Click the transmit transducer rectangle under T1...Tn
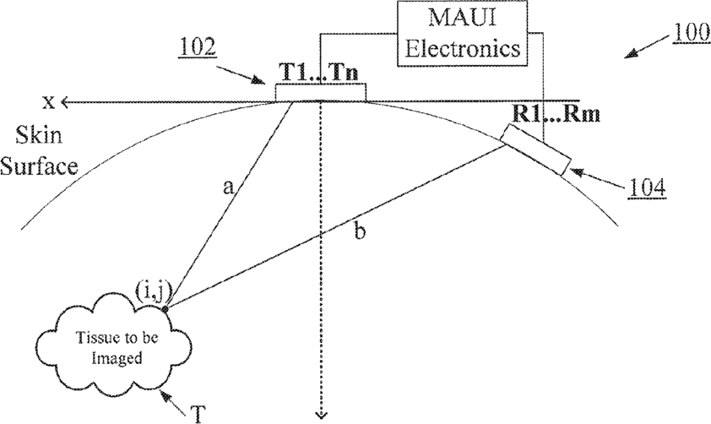click(x=322, y=91)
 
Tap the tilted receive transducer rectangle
click(x=535, y=150)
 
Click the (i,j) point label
click(x=154, y=292)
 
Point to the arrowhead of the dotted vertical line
click(x=321, y=413)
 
